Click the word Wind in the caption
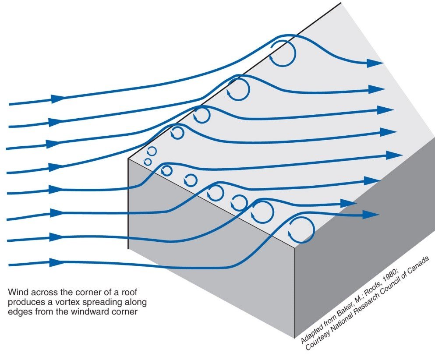17,292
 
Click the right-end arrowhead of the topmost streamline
375,63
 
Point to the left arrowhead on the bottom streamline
57,262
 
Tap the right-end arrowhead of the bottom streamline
371,214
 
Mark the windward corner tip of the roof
128,159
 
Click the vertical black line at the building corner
128,204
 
